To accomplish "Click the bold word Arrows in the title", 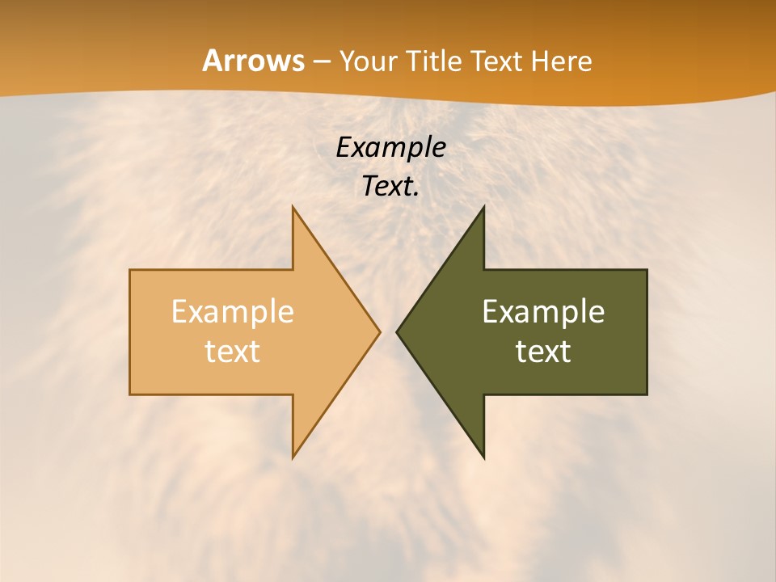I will point(253,61).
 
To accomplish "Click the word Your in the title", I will point(368,61).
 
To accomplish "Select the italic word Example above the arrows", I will point(390,148).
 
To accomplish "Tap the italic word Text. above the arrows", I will point(390,186).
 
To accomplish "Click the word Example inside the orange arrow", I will point(233,311).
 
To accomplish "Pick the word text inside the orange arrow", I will point(233,351).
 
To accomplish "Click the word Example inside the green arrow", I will point(543,311).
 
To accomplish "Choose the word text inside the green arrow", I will point(543,351).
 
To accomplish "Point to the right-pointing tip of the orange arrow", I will point(380,331).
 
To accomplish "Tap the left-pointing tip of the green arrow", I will point(397,331).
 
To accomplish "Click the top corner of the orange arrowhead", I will point(293,207).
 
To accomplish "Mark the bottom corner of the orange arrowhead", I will point(293,458).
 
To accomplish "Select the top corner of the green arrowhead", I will point(483,207).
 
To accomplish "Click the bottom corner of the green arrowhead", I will point(483,458).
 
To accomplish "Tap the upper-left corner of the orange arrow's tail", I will point(130,270).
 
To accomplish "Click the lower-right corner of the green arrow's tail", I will point(647,394).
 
